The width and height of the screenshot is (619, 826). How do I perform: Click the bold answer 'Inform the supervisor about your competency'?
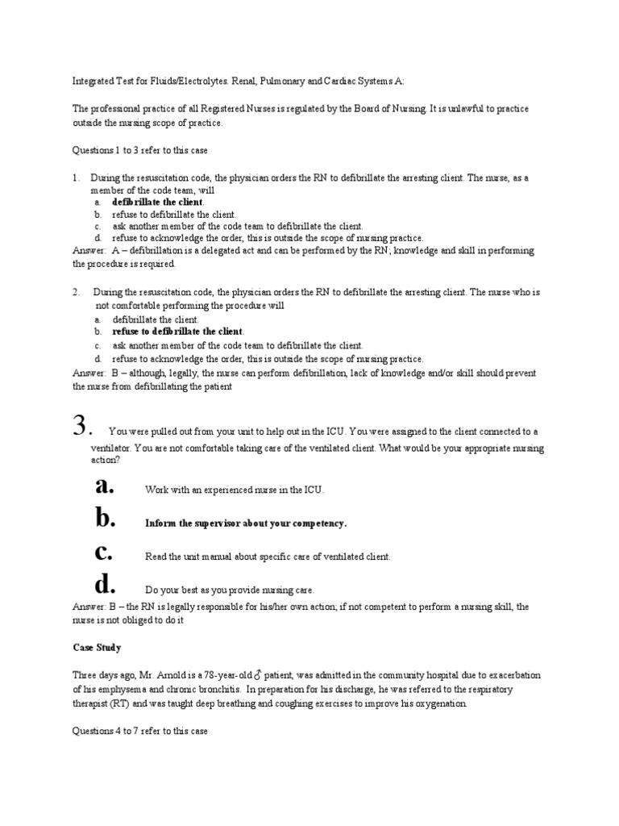[246, 524]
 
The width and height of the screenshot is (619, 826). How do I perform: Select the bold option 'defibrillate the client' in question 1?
[158, 202]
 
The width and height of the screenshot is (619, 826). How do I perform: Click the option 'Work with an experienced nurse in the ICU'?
[235, 490]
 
